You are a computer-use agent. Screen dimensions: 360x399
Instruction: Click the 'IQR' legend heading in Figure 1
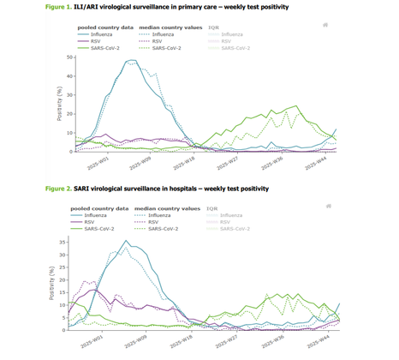tap(213, 27)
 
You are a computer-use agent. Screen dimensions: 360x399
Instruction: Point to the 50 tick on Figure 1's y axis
tap(71, 57)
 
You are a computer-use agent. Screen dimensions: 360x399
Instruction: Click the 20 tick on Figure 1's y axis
tap(71, 114)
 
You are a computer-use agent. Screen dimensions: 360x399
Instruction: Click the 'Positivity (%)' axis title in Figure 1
tap(61, 105)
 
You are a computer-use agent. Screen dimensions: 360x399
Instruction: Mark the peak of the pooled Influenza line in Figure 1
tap(130, 61)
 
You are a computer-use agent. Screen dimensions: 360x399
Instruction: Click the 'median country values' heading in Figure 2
tap(165, 207)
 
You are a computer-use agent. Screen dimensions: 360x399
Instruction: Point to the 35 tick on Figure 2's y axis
tap(71, 243)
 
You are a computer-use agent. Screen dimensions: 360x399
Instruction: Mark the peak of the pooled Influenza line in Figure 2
tap(127, 242)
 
